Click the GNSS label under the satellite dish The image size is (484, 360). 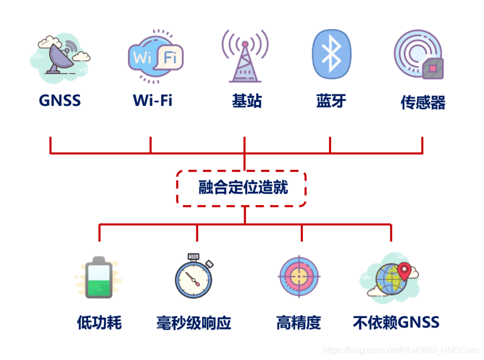click(x=60, y=100)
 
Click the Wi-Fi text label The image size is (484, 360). click(x=153, y=100)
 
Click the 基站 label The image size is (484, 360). click(x=247, y=100)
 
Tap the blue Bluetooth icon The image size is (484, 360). click(x=332, y=55)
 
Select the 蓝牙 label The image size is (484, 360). click(x=331, y=100)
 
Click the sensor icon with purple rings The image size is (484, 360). click(x=418, y=55)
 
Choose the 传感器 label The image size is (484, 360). click(x=423, y=103)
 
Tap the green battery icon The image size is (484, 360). click(x=99, y=277)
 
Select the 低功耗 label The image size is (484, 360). click(x=99, y=322)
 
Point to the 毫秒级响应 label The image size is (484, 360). click(x=194, y=323)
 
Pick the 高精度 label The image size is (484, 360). click(x=298, y=322)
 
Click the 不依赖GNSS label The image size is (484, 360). click(x=396, y=322)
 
